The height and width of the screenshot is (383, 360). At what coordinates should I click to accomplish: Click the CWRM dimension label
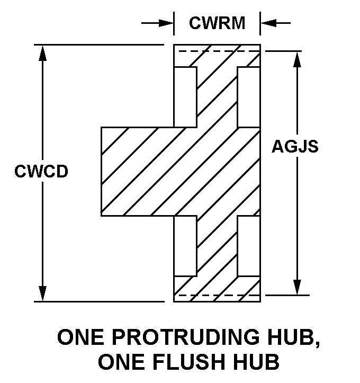tap(217, 23)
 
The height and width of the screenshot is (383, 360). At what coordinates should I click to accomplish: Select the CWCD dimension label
tap(41, 172)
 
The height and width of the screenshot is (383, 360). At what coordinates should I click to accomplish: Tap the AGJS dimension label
tap(295, 146)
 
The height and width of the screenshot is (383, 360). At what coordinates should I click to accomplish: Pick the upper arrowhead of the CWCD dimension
tap(42, 51)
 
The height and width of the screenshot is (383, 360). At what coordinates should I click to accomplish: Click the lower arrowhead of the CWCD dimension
tap(42, 295)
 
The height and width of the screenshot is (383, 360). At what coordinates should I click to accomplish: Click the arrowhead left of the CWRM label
tap(168, 23)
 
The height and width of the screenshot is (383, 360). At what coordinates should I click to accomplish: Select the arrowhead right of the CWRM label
tap(266, 23)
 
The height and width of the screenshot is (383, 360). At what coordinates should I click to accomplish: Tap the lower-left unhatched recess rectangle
tap(185, 246)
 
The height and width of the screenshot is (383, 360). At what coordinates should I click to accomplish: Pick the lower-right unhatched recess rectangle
tap(249, 246)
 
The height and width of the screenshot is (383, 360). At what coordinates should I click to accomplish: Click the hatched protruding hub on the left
tap(138, 171)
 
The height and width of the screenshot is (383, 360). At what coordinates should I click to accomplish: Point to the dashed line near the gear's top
tap(217, 51)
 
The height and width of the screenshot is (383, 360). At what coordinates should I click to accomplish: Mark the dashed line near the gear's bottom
tap(217, 295)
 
